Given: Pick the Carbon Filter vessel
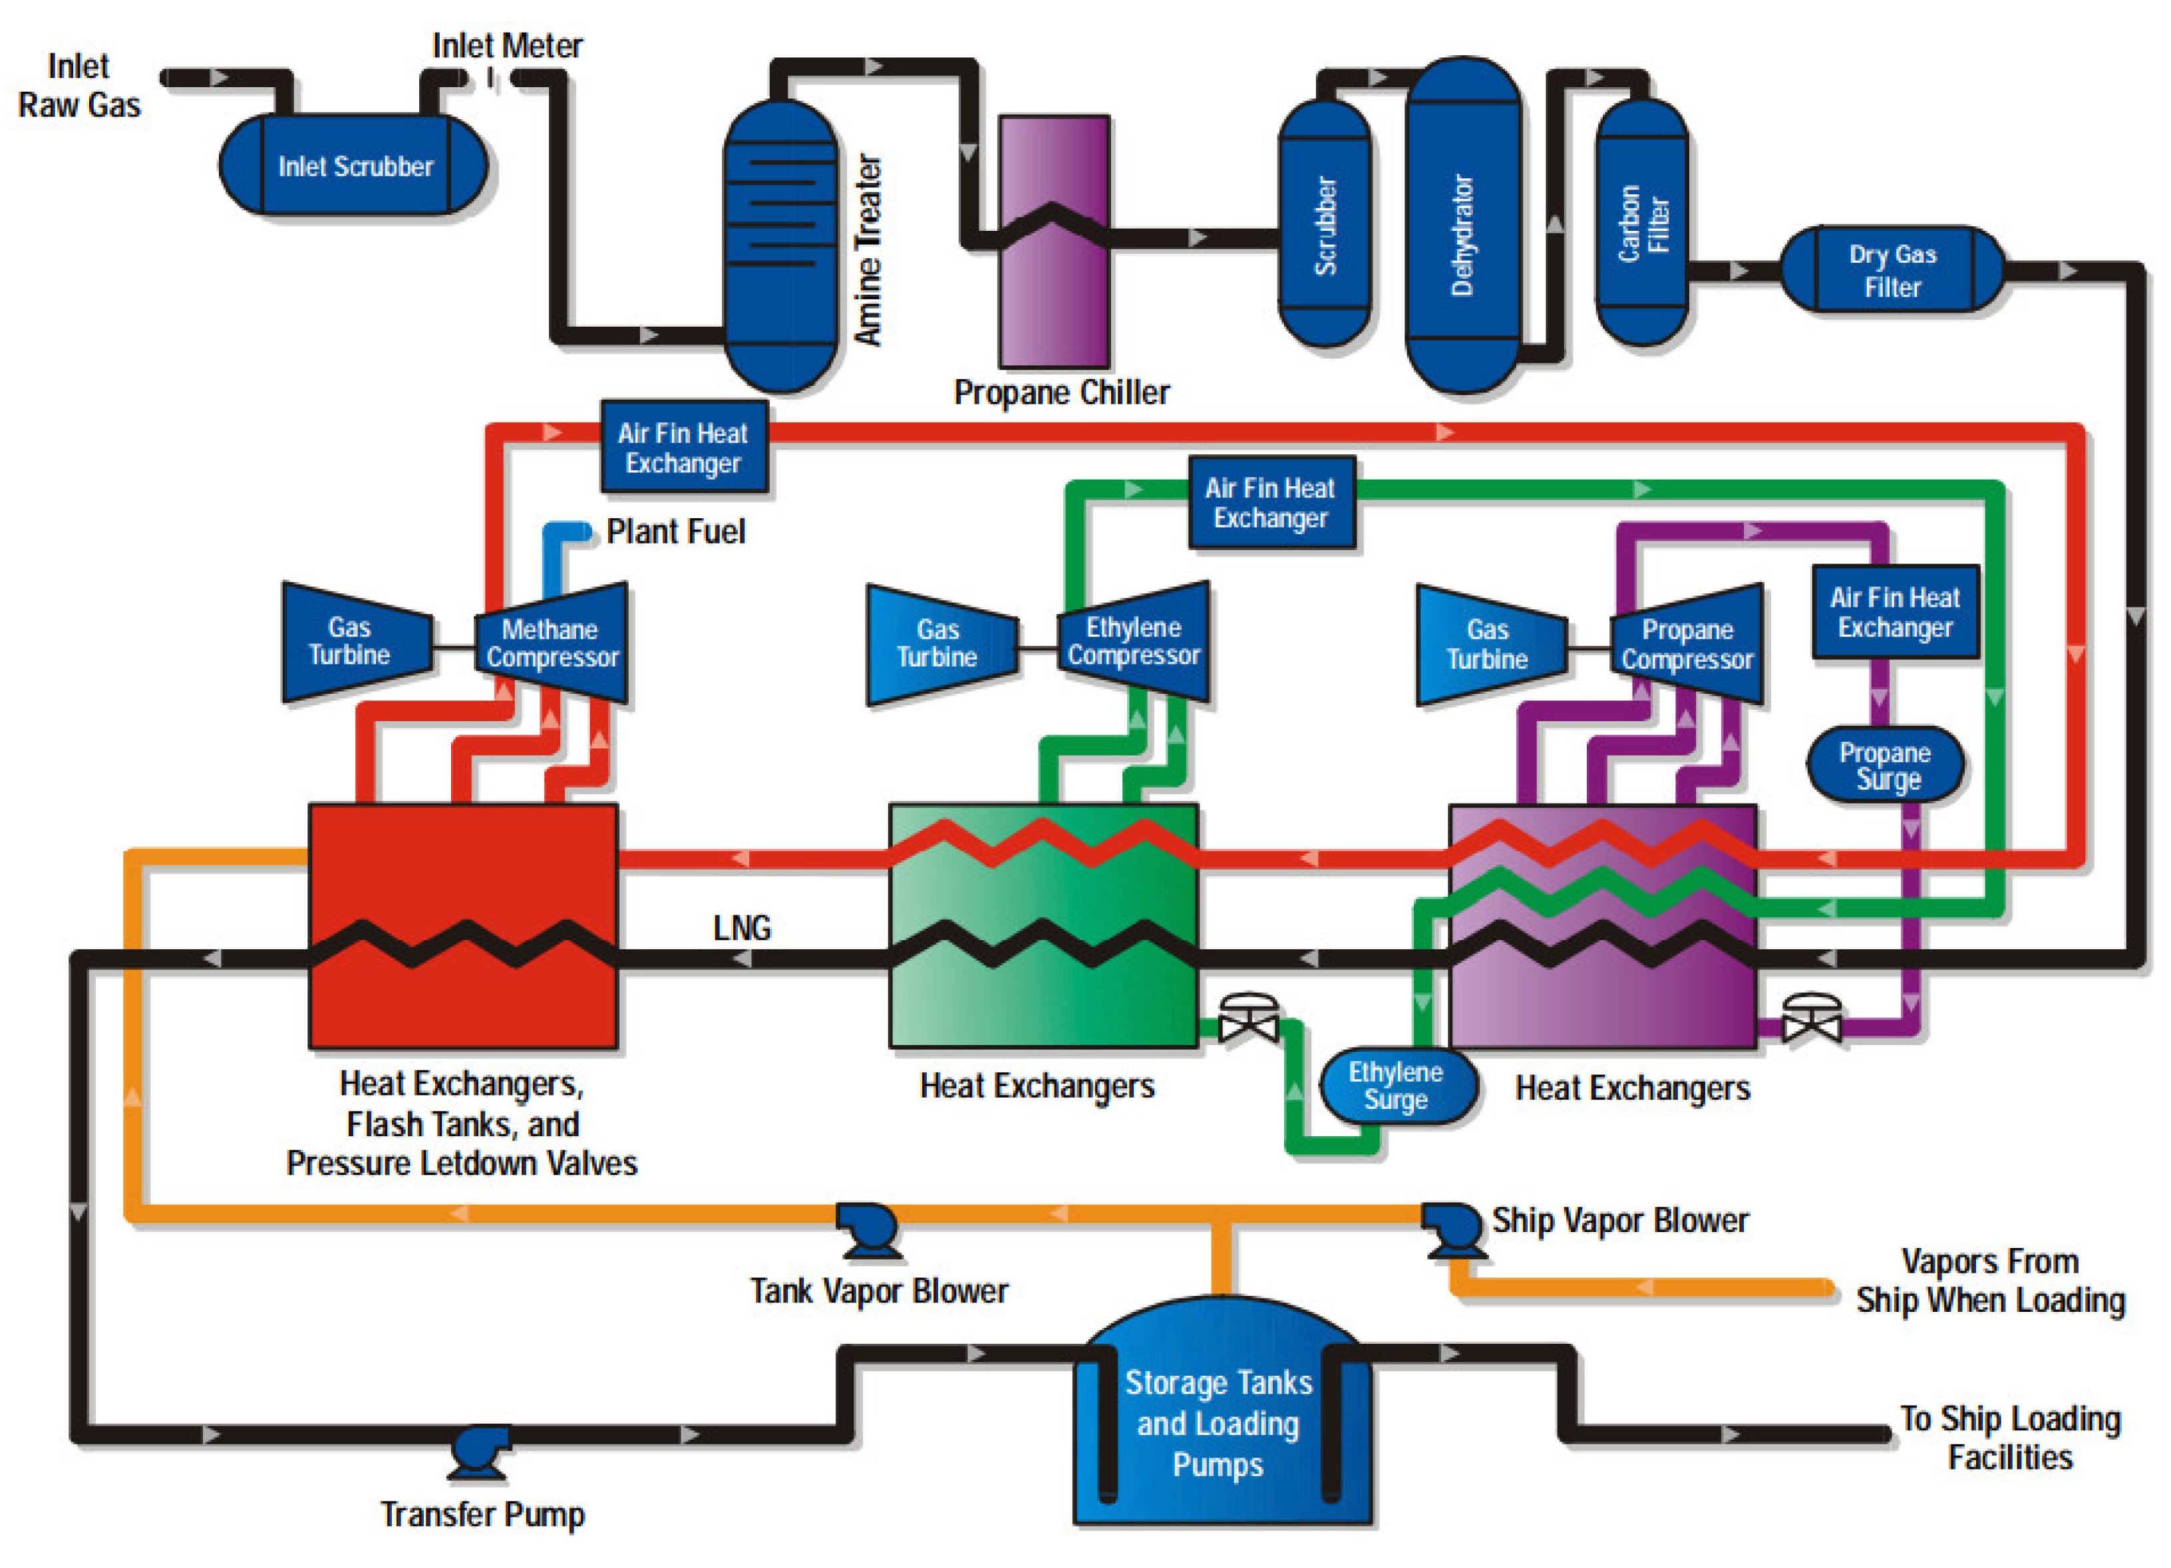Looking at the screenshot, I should [1641, 222].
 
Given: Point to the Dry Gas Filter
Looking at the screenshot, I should [1892, 270].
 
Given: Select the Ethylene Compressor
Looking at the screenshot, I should [1135, 641].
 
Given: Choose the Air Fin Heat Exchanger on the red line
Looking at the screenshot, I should [683, 447].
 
